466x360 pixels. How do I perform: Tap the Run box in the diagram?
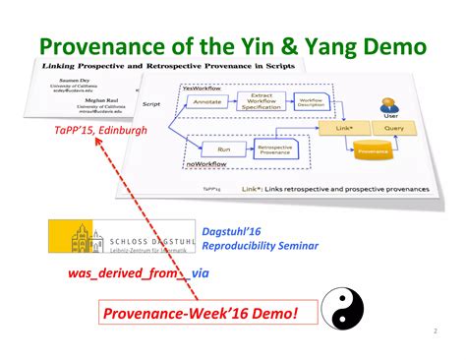tap(223, 150)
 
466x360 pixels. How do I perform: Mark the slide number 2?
tap(434, 331)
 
